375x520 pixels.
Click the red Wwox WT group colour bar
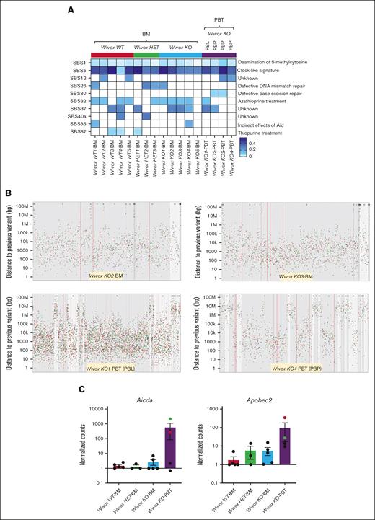pyautogui.click(x=112, y=55)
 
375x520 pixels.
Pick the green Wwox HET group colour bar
pyautogui.click(x=146, y=55)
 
